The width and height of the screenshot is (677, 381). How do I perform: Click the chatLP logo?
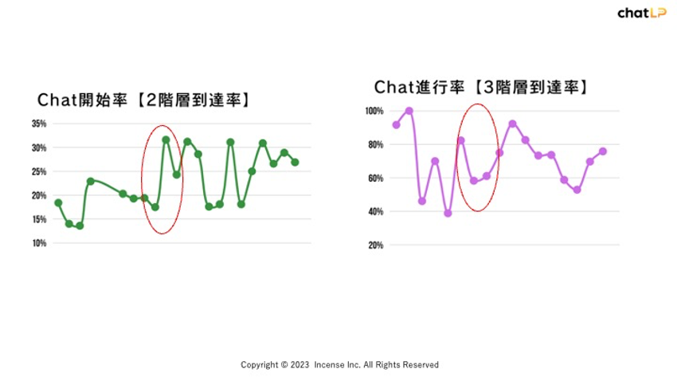click(x=642, y=13)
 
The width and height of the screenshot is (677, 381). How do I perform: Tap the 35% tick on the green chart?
click(x=39, y=124)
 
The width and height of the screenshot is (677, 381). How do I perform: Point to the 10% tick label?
click(x=39, y=243)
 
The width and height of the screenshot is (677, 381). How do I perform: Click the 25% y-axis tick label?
click(x=39, y=171)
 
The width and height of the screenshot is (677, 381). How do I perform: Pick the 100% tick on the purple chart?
click(x=374, y=111)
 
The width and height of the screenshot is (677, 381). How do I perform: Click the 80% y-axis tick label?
click(x=376, y=145)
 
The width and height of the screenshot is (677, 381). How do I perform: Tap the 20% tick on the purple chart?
click(x=376, y=245)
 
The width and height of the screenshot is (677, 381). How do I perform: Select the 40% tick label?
click(x=376, y=212)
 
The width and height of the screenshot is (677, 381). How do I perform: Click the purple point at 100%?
click(x=409, y=111)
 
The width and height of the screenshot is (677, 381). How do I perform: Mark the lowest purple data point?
click(x=448, y=214)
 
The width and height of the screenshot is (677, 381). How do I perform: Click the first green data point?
click(x=58, y=203)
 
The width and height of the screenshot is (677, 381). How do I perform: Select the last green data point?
click(x=295, y=163)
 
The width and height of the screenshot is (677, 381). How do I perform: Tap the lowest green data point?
click(x=80, y=226)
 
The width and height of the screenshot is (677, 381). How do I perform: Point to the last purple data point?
click(x=603, y=151)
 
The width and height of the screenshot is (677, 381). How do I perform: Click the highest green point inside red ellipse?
click(x=166, y=139)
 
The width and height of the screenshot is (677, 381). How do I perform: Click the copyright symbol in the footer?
click(x=284, y=365)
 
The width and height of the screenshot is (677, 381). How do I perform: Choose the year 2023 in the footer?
click(x=299, y=365)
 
